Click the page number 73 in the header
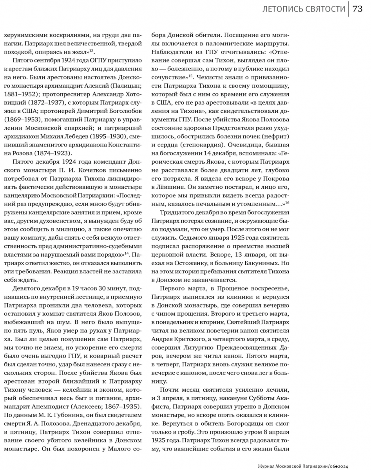357,9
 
